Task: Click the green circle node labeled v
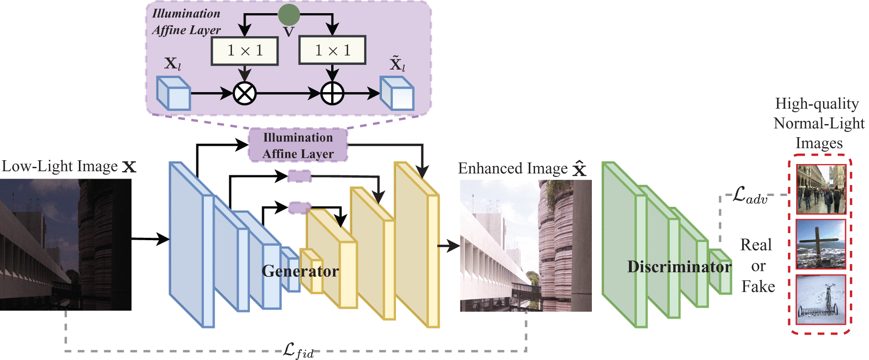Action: coord(288,15)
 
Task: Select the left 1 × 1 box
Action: coord(245,50)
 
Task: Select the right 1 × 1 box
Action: coord(332,50)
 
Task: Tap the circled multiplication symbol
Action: coord(245,93)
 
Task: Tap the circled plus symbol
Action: coord(332,93)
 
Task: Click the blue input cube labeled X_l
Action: coord(173,94)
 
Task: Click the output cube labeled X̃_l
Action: coord(397,94)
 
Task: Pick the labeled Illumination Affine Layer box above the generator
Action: coord(298,145)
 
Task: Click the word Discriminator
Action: coord(679,267)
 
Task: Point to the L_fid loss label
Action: coord(298,350)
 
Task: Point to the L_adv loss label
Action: coord(750,195)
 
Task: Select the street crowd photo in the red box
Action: coord(821,189)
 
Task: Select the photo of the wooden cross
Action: coord(821,244)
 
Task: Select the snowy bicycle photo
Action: coord(821,299)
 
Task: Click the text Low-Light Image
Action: coord(60,166)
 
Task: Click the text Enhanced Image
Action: coord(513,168)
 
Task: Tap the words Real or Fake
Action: coord(757,266)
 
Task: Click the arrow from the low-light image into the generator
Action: coord(150,239)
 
